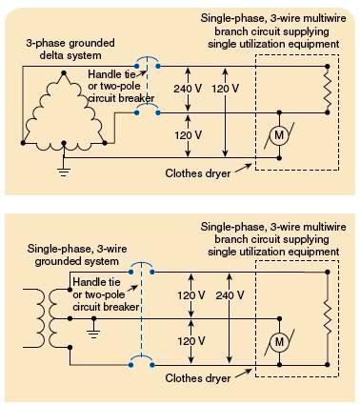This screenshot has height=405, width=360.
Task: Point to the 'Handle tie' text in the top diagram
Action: [110, 73]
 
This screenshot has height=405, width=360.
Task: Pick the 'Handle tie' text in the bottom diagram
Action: [99, 283]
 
